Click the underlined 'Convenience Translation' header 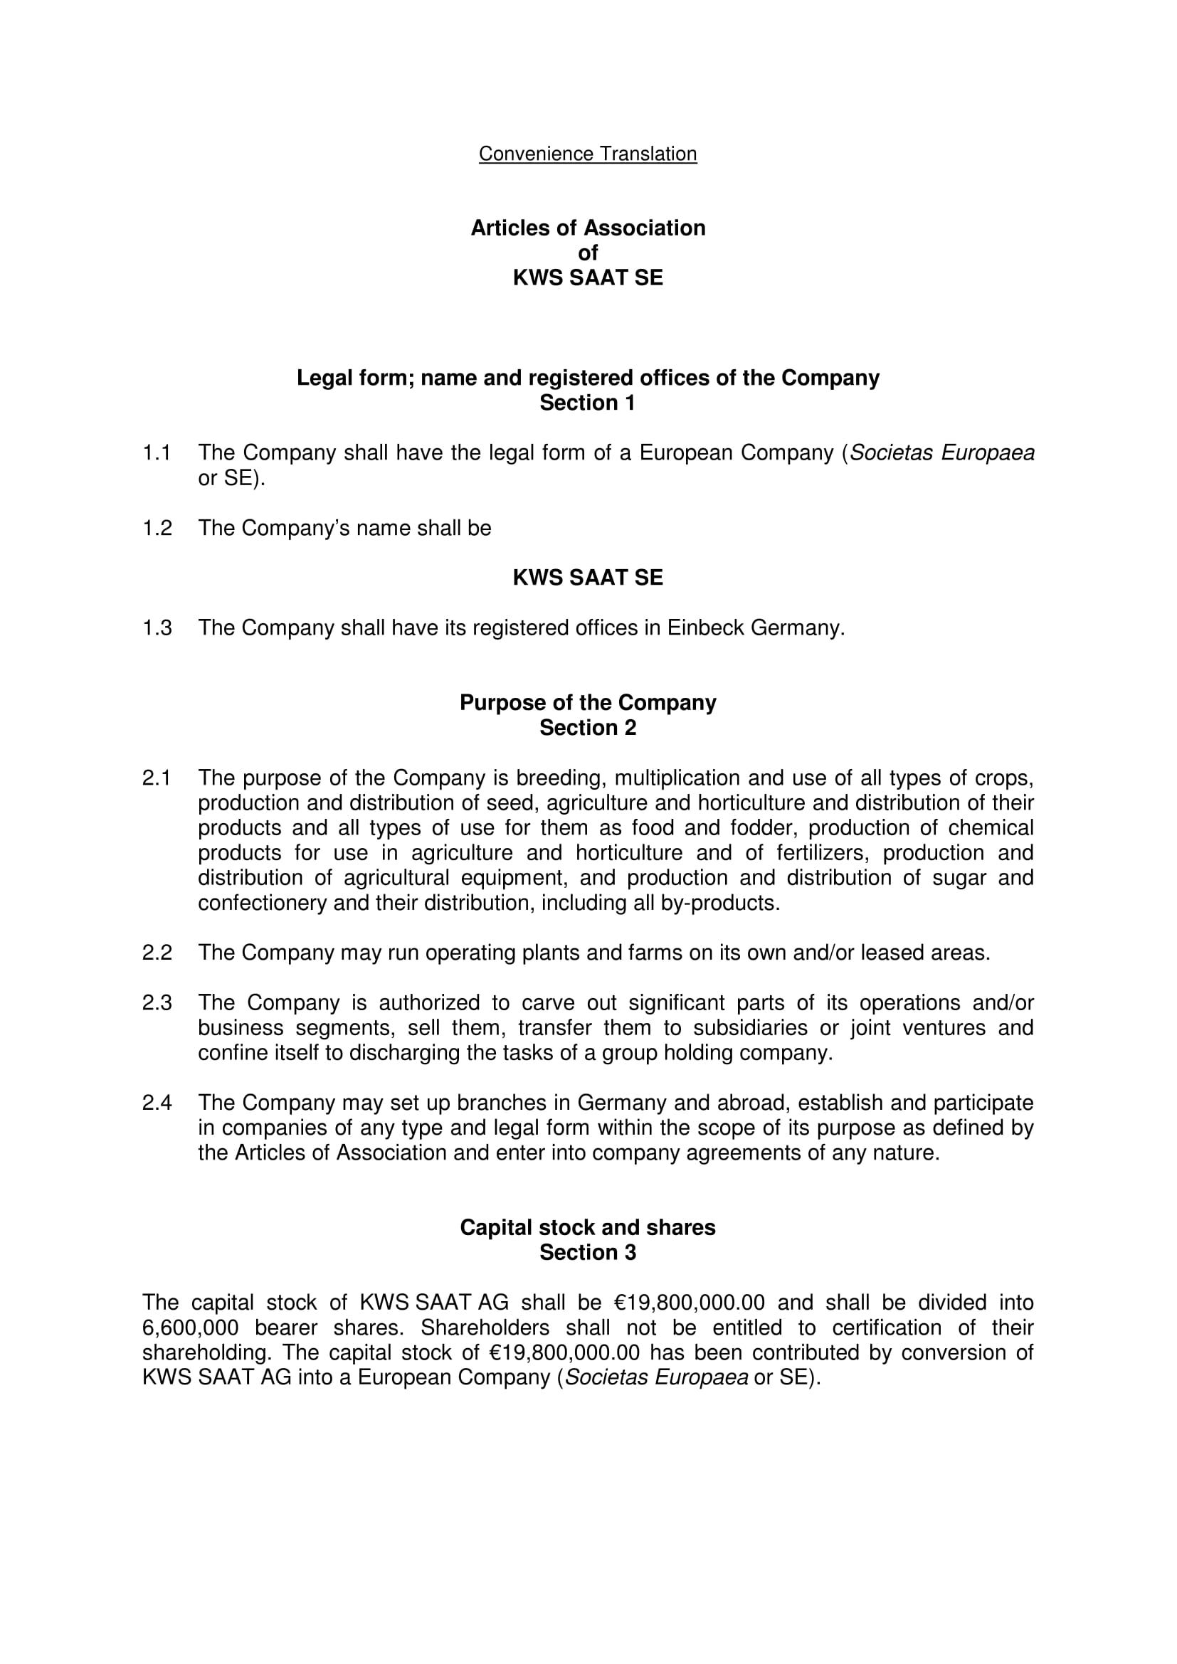(x=588, y=154)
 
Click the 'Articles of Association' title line (x=588, y=228)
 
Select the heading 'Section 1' (x=587, y=403)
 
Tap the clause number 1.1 (x=157, y=453)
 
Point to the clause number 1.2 (x=157, y=529)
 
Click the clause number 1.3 (x=157, y=627)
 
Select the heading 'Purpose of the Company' (x=588, y=702)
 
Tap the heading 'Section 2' (x=587, y=728)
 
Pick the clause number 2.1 (x=157, y=778)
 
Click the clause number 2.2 (x=157, y=953)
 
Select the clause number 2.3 (x=157, y=1003)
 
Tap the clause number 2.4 (x=157, y=1103)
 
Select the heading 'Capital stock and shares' (x=588, y=1227)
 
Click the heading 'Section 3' (x=587, y=1252)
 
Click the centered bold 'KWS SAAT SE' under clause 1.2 (x=588, y=578)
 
